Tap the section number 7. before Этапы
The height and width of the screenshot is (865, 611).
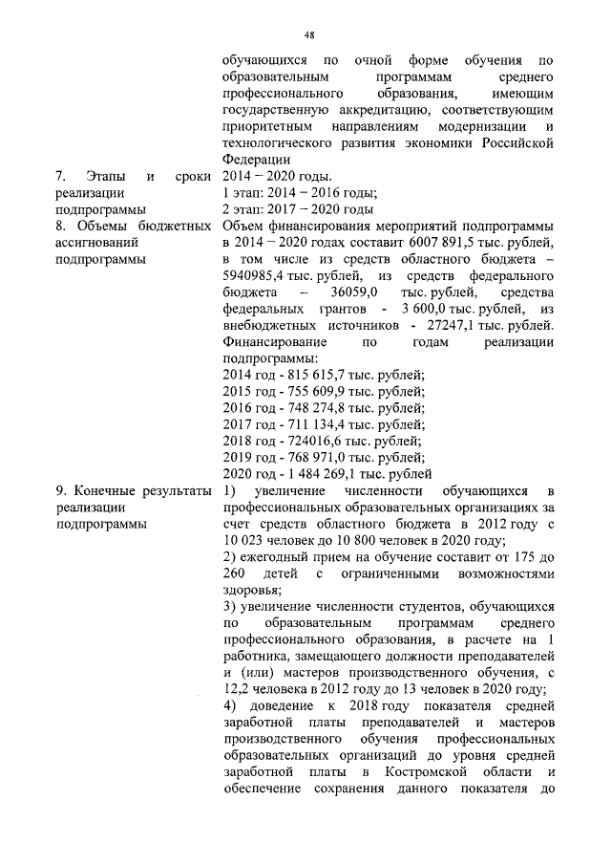pos(60,176)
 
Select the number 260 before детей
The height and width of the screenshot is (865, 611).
pos(233,573)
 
